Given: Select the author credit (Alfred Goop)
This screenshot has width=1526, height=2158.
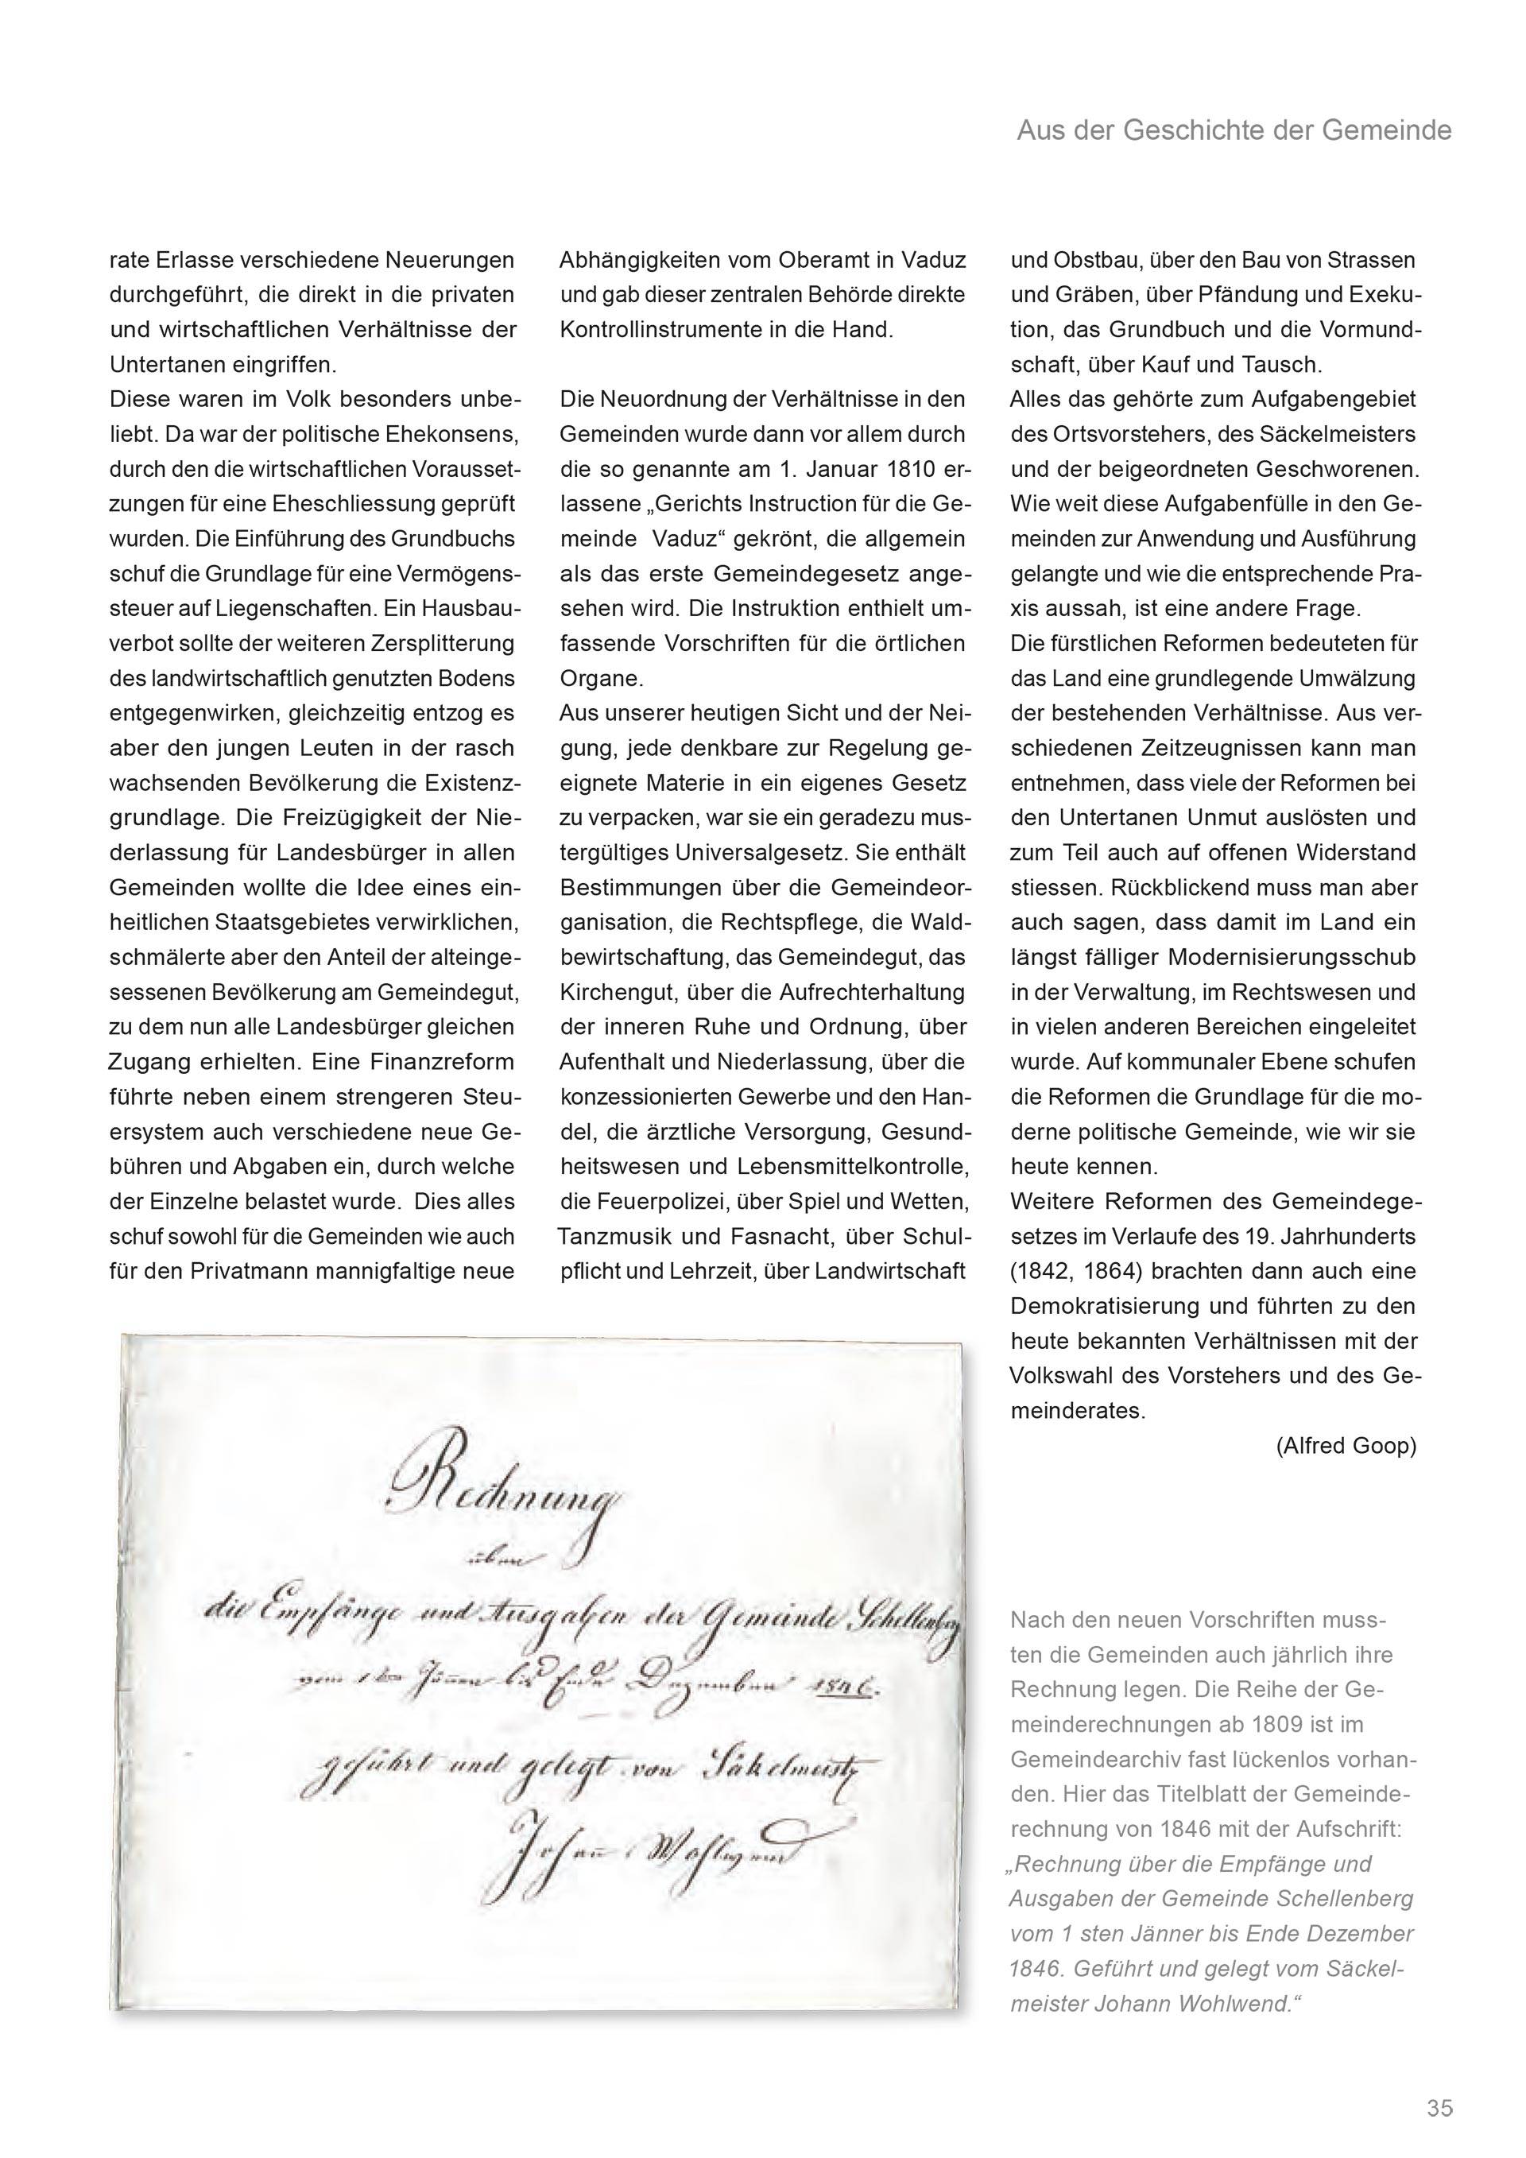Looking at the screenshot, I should [1346, 1446].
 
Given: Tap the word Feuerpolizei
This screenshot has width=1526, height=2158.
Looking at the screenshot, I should [660, 1202].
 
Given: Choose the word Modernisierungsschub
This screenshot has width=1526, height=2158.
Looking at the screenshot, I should [1292, 958].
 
